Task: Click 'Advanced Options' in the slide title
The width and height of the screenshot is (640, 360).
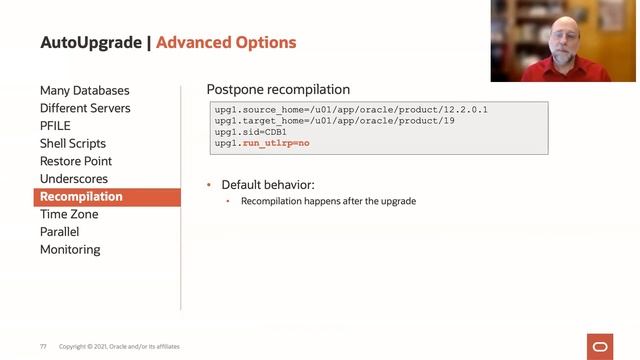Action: (x=226, y=43)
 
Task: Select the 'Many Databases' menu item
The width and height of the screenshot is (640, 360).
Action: (x=84, y=91)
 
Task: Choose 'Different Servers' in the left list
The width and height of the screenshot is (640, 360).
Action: (x=85, y=108)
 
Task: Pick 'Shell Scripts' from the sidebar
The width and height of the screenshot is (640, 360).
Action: (x=73, y=144)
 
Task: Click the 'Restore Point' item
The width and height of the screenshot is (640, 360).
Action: (x=76, y=161)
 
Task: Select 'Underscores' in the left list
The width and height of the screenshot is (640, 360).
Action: (x=73, y=179)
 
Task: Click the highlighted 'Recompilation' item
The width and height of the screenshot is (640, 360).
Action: (x=81, y=197)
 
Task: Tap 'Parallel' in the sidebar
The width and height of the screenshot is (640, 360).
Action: (x=60, y=232)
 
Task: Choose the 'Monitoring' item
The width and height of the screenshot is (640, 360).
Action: (x=70, y=250)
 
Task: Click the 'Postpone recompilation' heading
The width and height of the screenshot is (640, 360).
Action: (x=278, y=90)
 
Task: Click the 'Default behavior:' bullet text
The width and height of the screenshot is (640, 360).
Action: (x=268, y=185)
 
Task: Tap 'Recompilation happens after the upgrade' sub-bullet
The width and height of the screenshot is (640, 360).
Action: (x=328, y=201)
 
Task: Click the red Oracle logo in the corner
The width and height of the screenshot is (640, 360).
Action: (x=603, y=346)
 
